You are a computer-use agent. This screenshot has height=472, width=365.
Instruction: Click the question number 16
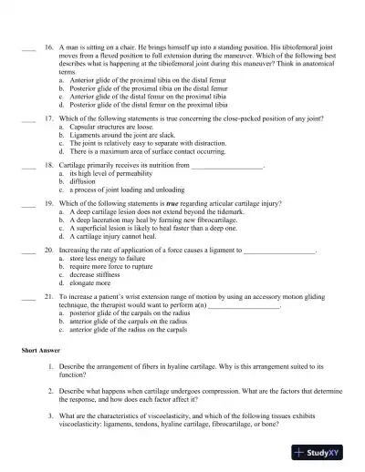[x=47, y=43]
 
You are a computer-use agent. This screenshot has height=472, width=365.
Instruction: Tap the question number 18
[x=47, y=167]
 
